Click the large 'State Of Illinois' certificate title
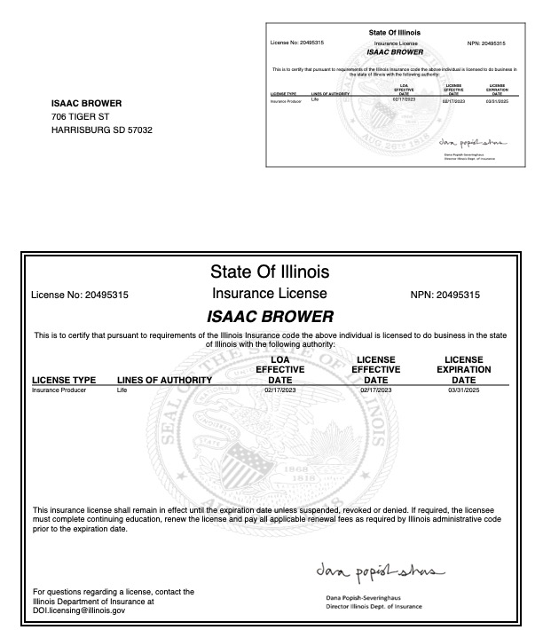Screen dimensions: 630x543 point(270,271)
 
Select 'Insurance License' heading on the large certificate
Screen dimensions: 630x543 point(270,294)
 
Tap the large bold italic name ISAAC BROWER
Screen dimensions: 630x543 point(270,316)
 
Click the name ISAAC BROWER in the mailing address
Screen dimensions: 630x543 point(86,103)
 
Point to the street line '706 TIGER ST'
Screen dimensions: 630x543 point(80,116)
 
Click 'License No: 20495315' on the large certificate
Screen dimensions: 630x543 point(80,295)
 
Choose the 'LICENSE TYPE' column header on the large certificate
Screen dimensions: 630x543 point(64,381)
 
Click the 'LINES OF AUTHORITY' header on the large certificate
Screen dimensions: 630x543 point(164,381)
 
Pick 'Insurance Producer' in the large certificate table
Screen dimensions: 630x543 point(59,390)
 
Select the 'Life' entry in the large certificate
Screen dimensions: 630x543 point(122,390)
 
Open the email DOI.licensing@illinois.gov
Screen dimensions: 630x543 point(79,610)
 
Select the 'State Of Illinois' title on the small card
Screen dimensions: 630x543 point(395,33)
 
